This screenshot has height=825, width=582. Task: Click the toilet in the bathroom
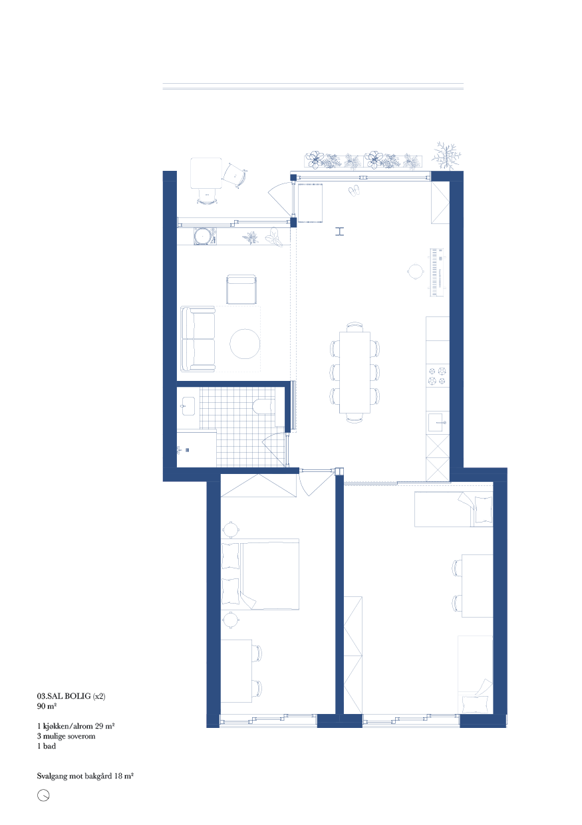[264, 406]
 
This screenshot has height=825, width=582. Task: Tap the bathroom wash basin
[188, 406]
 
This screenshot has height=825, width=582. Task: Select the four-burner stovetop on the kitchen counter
[438, 376]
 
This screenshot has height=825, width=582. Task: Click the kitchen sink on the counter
[438, 422]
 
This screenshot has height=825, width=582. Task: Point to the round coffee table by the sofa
[245, 344]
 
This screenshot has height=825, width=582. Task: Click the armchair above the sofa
[241, 289]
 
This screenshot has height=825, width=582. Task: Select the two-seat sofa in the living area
[198, 339]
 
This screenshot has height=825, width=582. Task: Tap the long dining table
[355, 372]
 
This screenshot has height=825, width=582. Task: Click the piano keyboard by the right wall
[437, 273]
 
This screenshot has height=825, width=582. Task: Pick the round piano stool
[416, 272]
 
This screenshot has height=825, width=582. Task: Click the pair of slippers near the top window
[355, 190]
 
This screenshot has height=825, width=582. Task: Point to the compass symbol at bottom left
[43, 796]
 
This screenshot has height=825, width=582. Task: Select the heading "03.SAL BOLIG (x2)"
[71, 696]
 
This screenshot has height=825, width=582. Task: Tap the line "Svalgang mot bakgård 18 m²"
[85, 776]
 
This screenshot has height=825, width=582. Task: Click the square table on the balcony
[206, 173]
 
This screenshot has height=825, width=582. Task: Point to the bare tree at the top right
[446, 156]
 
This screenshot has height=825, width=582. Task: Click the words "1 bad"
[47, 746]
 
